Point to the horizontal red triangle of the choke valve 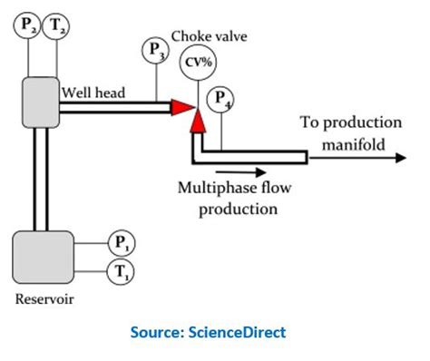pos(181,107)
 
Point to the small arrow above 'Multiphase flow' pos(240,170)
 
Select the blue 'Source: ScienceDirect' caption pos(215,332)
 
